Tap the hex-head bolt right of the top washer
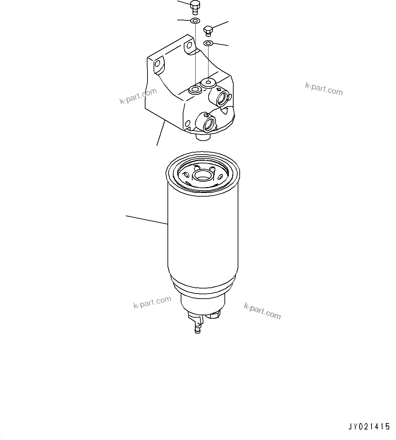pos(208,30)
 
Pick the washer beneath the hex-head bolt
pos(208,43)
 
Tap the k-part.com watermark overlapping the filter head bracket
pos(138,96)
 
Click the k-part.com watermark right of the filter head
pos(324,89)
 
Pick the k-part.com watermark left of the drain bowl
pos(152,302)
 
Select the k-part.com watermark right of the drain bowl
pos(262,311)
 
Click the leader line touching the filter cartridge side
pos(147,220)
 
